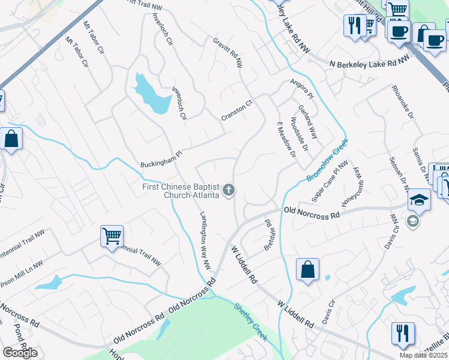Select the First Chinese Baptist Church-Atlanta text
[181, 191]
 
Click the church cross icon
[228, 191]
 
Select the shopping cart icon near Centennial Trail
[112, 236]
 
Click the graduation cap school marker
[419, 199]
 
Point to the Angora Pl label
[301, 89]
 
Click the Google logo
[20, 353]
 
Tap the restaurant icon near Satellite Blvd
[402, 332]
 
